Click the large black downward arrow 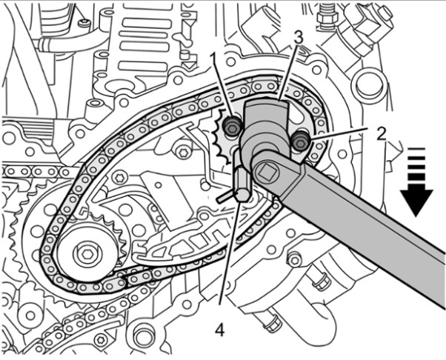(418, 193)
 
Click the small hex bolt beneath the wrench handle (294, 259)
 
